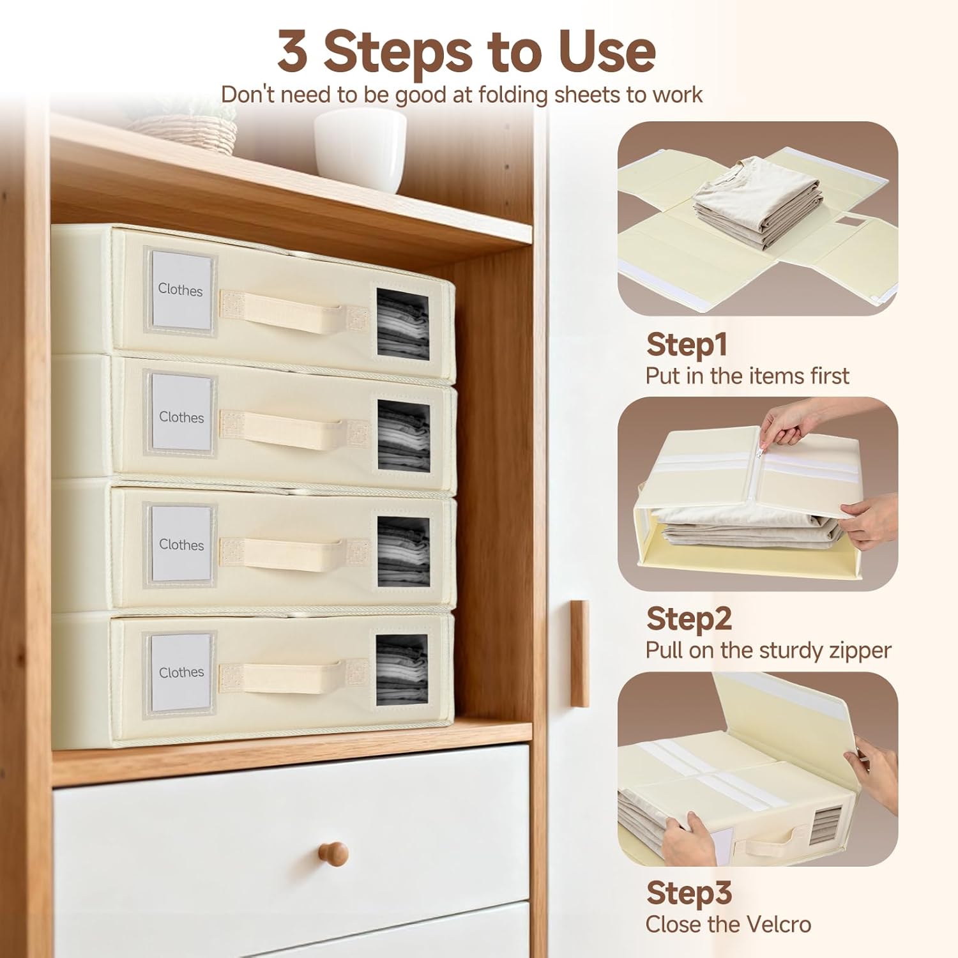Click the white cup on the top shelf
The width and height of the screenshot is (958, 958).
point(360,150)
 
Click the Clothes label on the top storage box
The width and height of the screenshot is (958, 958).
point(180,290)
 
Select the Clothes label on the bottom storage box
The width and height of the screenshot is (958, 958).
point(181,673)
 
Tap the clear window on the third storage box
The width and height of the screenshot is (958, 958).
point(403,551)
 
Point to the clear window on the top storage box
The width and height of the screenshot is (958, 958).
point(402,324)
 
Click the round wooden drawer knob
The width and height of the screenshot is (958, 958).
point(333,853)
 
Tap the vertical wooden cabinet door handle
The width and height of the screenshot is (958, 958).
point(579,653)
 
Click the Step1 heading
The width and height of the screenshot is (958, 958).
point(687,344)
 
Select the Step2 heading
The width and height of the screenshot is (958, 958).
point(688,619)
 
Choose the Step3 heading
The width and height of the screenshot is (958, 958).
point(688,893)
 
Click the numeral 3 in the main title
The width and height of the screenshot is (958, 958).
point(293,52)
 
